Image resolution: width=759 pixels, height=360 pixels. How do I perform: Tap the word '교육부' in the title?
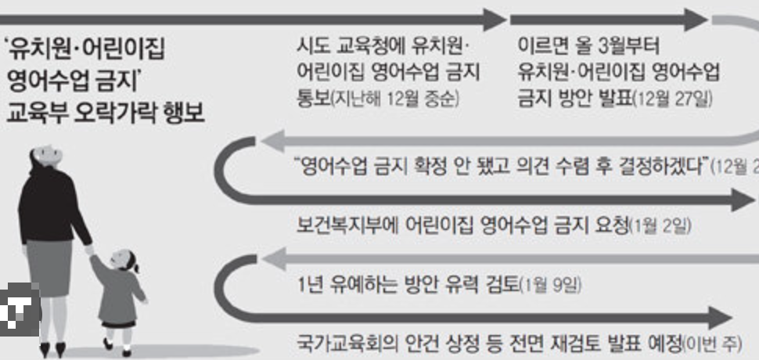(35, 113)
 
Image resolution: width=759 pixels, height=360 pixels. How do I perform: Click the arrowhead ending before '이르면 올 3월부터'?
(494, 20)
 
